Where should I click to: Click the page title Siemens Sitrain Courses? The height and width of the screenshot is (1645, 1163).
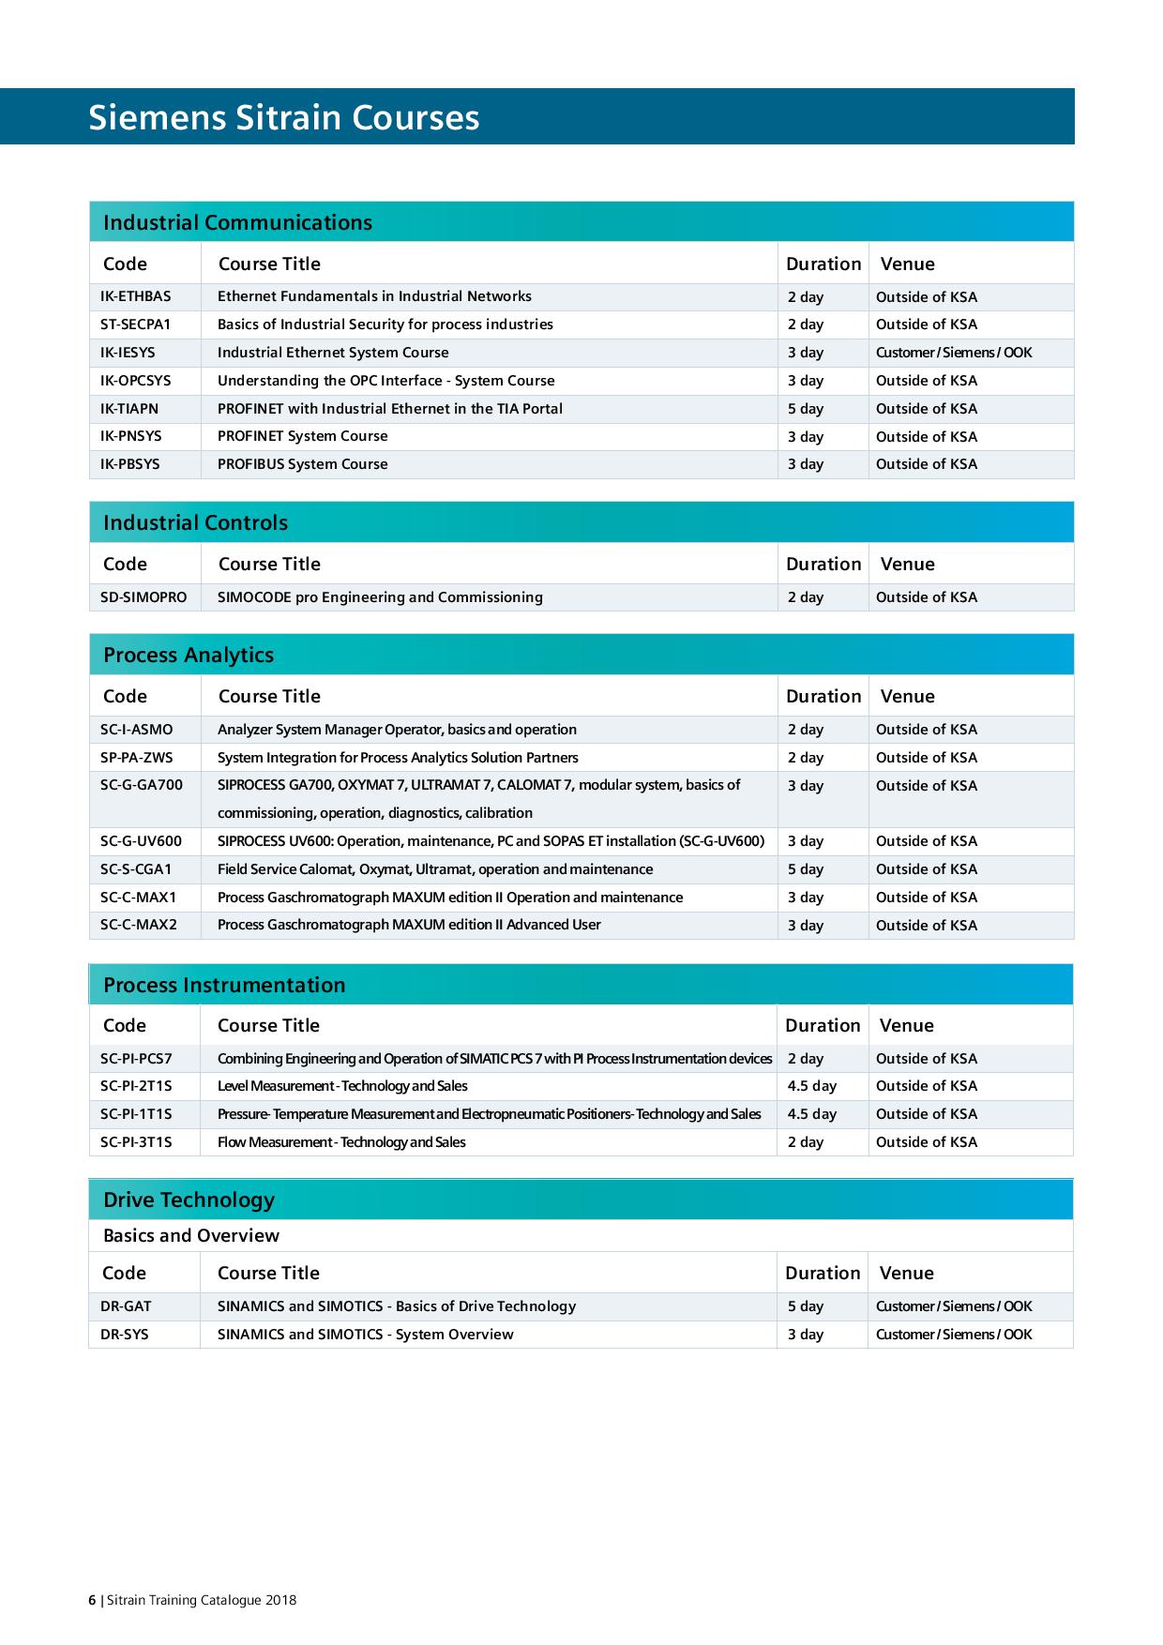coord(283,118)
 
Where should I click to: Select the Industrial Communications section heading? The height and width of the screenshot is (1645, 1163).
coord(237,222)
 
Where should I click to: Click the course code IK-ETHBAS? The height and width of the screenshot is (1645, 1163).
coord(136,296)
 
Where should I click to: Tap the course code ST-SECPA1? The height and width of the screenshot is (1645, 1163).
coord(136,324)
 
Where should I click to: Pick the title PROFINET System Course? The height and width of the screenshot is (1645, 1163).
coord(302,436)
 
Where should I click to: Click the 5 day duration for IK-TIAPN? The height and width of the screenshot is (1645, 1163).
coord(806,409)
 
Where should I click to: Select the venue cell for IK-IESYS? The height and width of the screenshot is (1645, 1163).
coord(953,353)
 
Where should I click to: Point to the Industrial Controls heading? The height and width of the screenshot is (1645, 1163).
coord(195,522)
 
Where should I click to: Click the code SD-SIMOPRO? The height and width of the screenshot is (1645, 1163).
coord(143,597)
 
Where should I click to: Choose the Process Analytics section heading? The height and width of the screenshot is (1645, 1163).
coord(189,655)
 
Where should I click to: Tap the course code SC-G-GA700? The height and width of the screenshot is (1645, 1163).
coord(142,785)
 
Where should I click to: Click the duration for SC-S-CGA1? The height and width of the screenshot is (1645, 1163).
coord(806,869)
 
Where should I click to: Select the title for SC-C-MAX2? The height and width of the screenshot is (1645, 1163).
coord(409,925)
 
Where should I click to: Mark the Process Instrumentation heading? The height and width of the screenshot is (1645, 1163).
coord(224,985)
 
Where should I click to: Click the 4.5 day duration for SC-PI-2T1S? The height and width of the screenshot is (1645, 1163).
coord(812,1086)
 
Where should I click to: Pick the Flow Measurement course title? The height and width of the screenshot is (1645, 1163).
coord(341,1142)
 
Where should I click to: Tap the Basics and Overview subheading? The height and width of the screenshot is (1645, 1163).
coord(191,1235)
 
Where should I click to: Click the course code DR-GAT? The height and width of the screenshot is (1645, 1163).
coord(126,1306)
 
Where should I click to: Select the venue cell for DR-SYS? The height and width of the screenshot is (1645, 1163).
coord(953,1335)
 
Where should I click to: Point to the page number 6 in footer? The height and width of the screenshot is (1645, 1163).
coord(92,1600)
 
